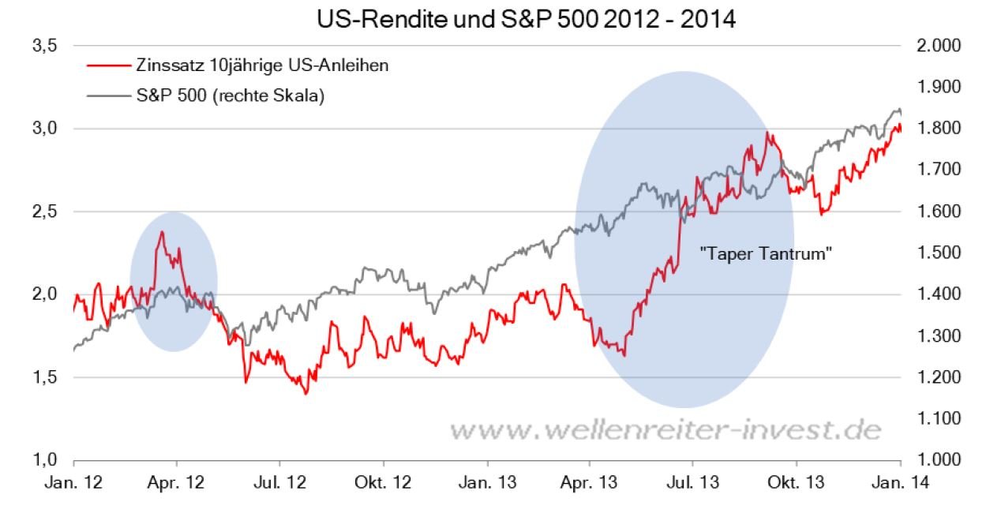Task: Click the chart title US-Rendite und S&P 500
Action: [526, 20]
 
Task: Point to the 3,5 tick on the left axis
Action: [45, 46]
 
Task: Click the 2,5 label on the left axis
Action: [45, 212]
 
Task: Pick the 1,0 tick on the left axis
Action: [45, 460]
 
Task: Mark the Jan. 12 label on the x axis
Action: [73, 483]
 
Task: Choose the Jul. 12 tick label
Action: [280, 483]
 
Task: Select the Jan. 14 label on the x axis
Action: [900, 483]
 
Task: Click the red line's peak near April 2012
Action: [162, 231]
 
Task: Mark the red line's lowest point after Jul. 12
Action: [306, 393]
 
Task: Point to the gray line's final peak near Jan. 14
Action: [898, 109]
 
